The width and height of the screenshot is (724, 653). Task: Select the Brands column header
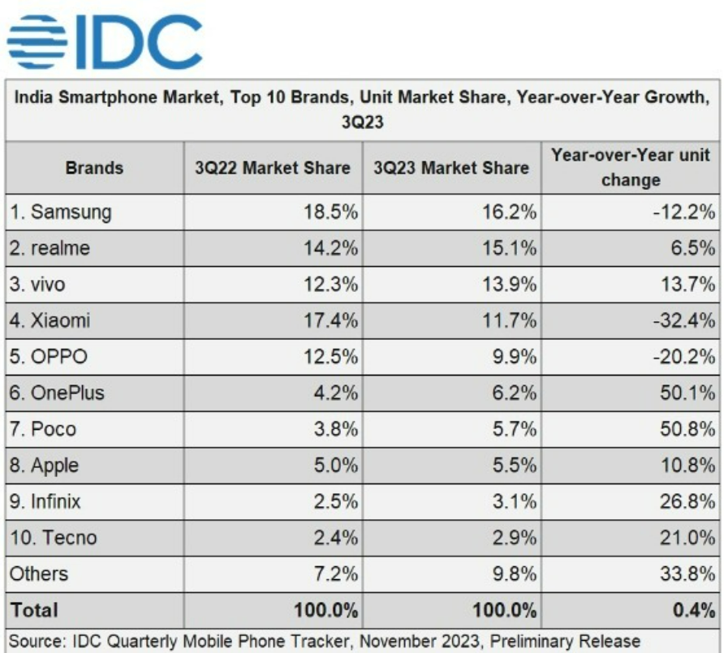tap(94, 168)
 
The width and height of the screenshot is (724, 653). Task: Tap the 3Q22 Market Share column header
tap(273, 168)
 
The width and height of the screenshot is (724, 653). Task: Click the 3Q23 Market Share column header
tap(451, 168)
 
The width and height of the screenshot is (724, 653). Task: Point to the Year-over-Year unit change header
tap(631, 167)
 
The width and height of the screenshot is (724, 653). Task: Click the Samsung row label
tap(61, 212)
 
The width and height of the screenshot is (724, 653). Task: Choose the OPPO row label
tap(48, 357)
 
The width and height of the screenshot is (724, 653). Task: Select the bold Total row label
tap(34, 609)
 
